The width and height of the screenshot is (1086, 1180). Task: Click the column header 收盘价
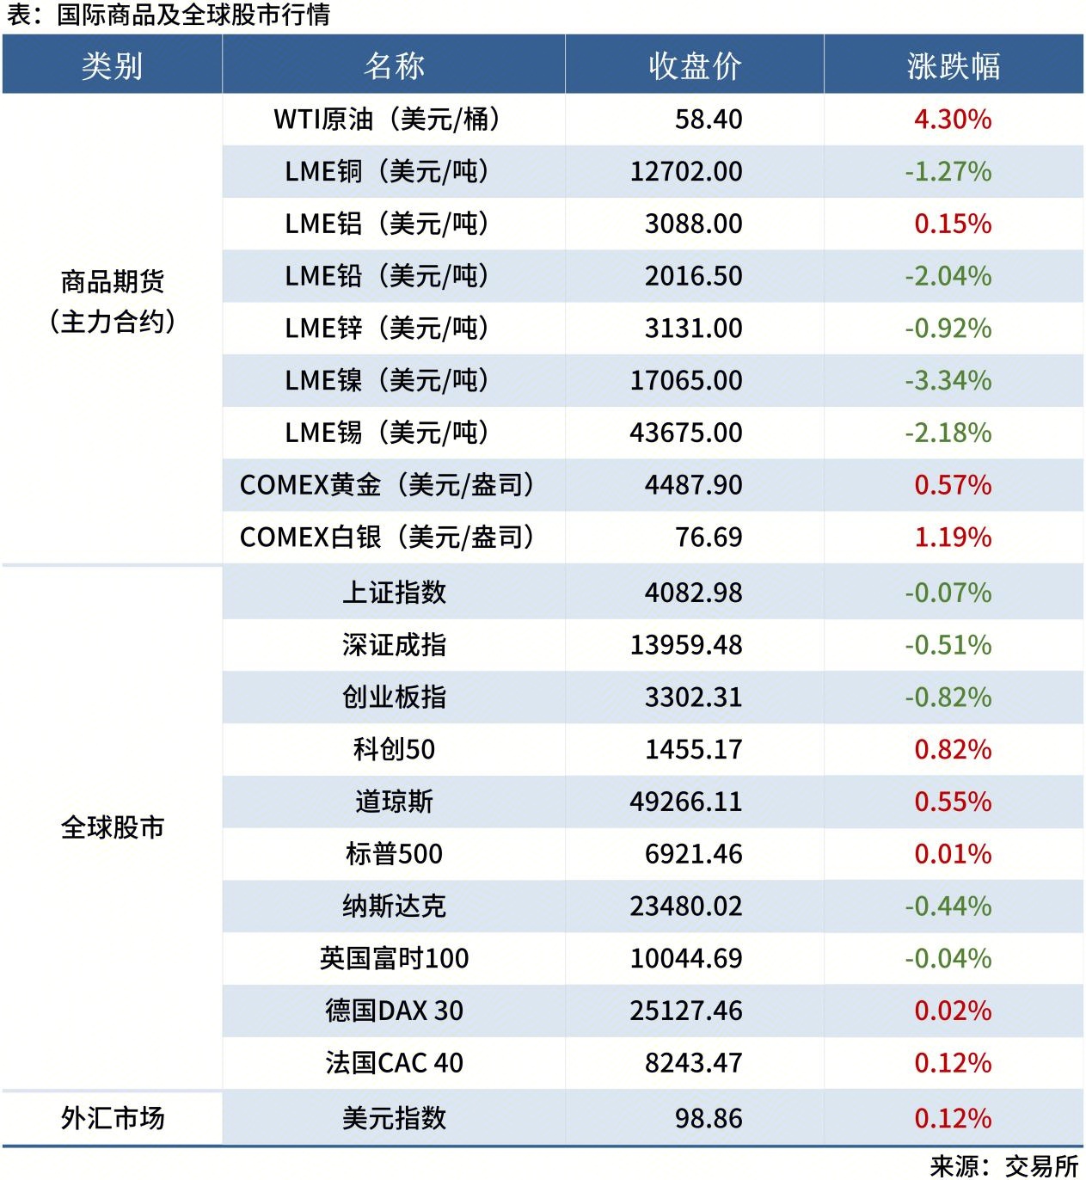pos(694,65)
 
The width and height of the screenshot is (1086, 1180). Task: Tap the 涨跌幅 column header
pos(953,65)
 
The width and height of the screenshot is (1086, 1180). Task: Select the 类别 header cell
pos(112,65)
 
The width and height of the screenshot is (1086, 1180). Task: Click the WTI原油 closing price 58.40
pos(708,120)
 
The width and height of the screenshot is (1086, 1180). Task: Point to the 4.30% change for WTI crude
pos(952,120)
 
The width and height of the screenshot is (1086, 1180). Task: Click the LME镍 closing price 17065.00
pos(685,381)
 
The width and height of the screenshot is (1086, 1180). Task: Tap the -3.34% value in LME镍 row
pos(948,381)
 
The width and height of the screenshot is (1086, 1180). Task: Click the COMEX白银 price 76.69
pos(708,538)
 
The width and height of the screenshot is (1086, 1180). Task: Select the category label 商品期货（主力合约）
pos(112,301)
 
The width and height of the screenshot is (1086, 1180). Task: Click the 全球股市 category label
pos(112,827)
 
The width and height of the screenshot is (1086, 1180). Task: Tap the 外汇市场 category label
pos(112,1118)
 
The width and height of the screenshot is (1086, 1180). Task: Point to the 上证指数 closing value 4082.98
pos(693,593)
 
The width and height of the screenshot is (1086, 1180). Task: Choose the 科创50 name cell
pos(393,750)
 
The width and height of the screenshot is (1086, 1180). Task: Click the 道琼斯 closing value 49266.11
pos(685,802)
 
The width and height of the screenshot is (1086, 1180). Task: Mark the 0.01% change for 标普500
pos(952,854)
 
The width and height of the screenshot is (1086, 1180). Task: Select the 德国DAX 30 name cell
pos(393,1011)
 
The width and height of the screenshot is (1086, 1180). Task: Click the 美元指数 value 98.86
pos(708,1118)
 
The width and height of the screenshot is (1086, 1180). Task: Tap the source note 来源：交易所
pos(1003,1165)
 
